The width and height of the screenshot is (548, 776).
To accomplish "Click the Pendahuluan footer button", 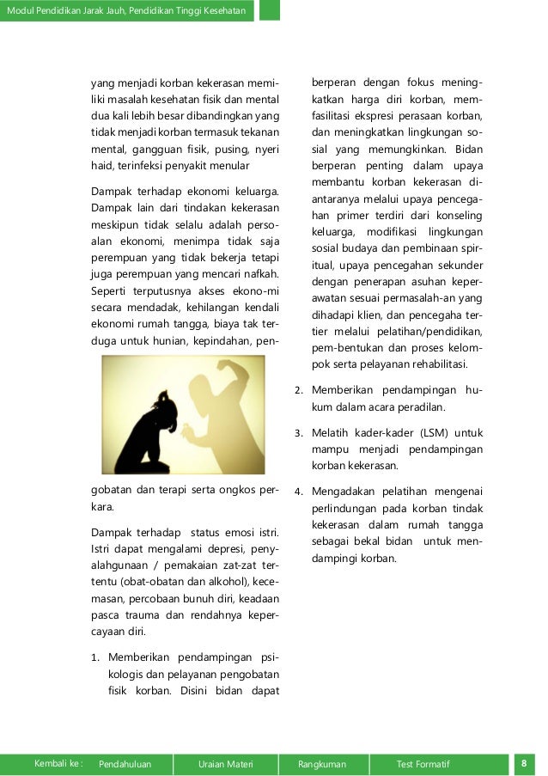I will click(x=125, y=764).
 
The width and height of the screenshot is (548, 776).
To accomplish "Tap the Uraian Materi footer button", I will click(x=225, y=764).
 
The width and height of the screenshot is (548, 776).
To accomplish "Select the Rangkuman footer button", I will click(x=321, y=764).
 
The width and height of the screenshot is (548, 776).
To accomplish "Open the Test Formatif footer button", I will click(x=423, y=764).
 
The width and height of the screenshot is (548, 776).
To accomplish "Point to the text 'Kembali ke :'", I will click(x=58, y=764).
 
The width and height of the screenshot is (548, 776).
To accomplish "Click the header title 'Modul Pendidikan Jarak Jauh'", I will click(x=126, y=10).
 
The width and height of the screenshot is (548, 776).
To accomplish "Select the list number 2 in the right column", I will click(x=298, y=391).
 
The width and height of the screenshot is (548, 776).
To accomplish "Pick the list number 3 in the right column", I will click(x=298, y=433).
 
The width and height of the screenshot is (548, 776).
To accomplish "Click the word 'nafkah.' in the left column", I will click(x=259, y=274).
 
